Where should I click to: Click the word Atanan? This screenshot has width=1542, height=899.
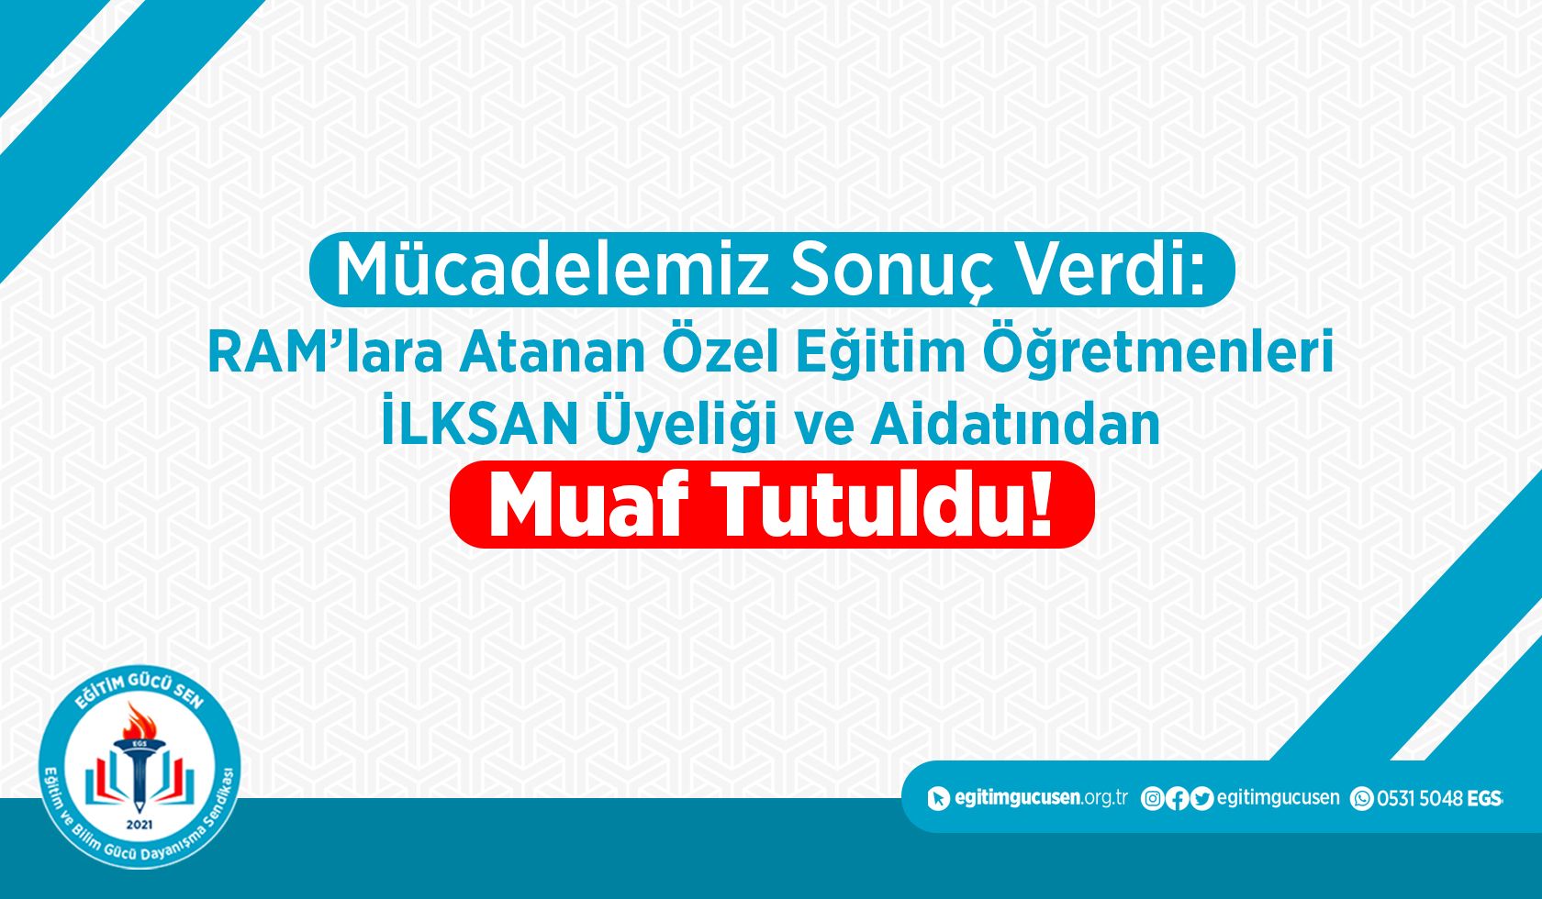click(553, 353)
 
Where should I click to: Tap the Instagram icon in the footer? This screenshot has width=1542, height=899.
click(1152, 799)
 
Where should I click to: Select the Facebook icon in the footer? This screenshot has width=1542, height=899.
click(1177, 799)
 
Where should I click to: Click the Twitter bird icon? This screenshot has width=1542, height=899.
click(1202, 799)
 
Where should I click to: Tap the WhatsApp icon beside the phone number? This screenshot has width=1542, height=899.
click(1361, 799)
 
